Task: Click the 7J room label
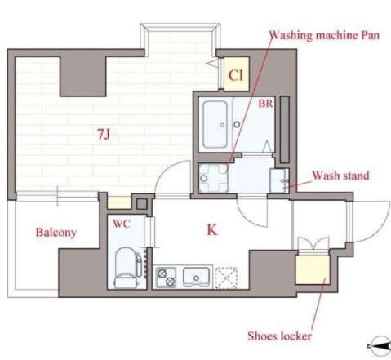point(104,134)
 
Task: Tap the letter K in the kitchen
point(212,230)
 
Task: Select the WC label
point(122,224)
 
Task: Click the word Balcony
point(56,233)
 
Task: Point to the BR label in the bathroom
point(265,104)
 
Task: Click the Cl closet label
point(236,76)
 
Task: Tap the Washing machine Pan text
point(324,36)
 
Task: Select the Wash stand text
point(340,176)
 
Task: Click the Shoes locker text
point(279,336)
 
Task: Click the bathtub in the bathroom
point(215,124)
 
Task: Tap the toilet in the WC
point(127,267)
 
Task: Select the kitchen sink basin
point(196,277)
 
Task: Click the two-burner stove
point(166,277)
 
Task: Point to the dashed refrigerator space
point(226,278)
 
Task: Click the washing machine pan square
point(214,178)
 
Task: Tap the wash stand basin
point(279,180)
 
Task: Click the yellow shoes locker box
point(313,269)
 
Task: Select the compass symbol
point(380,346)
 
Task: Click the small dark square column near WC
point(141,204)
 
